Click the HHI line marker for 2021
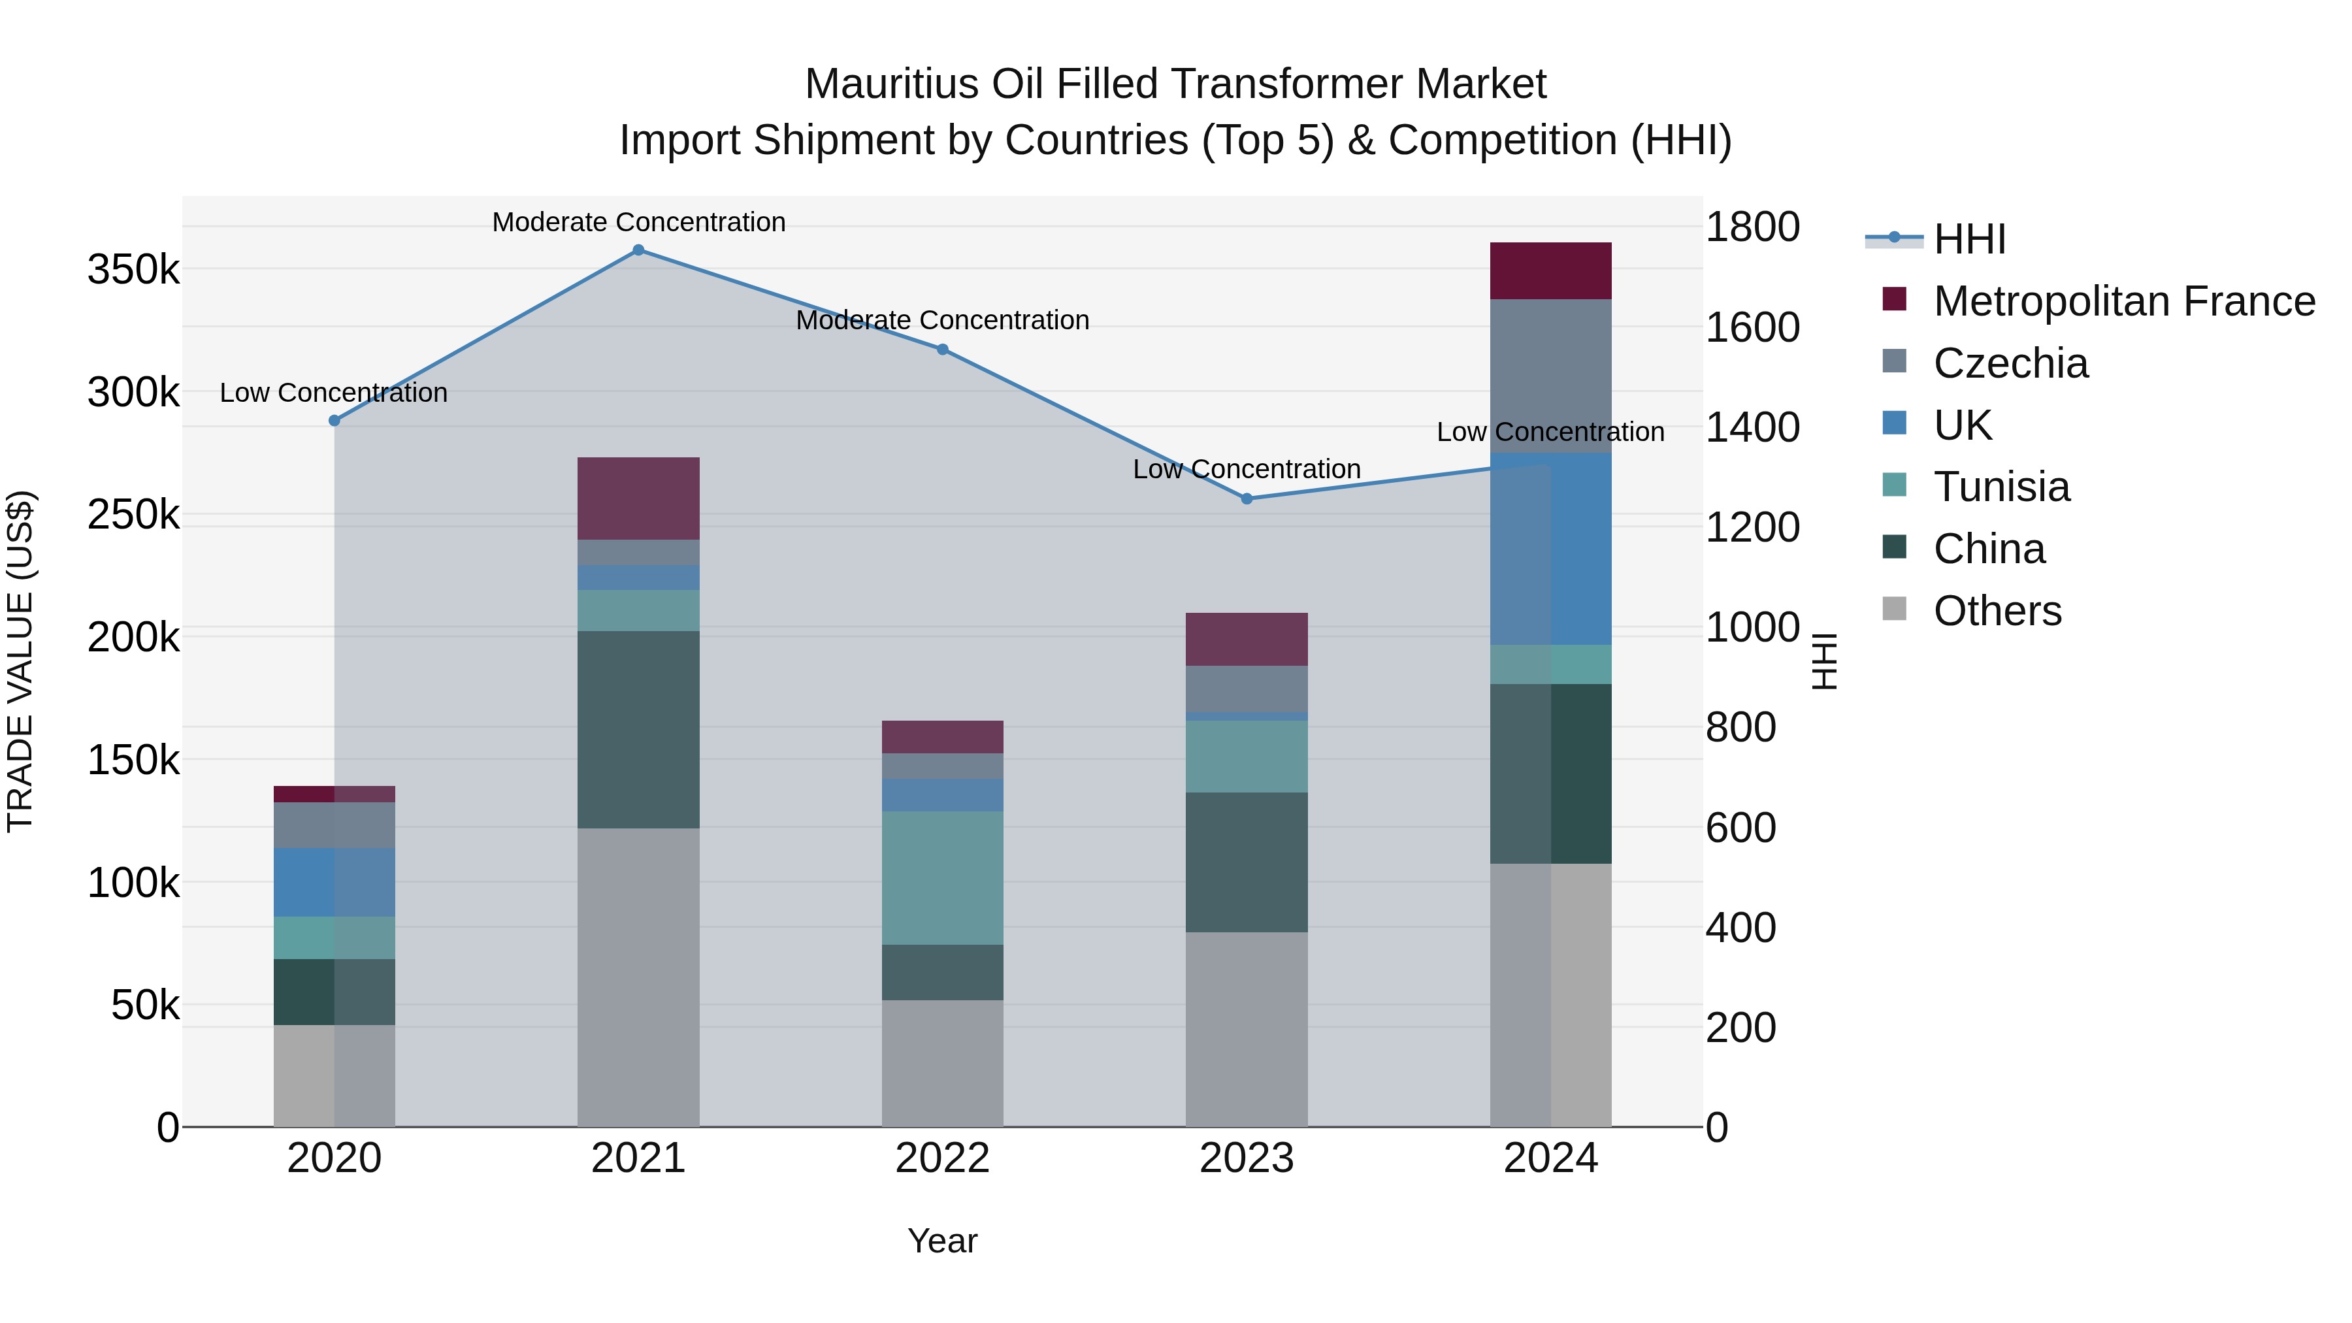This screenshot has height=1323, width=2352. (x=638, y=250)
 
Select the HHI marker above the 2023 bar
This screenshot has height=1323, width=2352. (x=1247, y=498)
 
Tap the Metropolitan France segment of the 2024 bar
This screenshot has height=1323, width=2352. (x=1550, y=271)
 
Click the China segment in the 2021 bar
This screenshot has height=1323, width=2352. (x=638, y=730)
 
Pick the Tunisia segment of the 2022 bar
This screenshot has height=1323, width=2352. (x=942, y=877)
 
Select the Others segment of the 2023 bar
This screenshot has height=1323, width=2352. (x=1247, y=1029)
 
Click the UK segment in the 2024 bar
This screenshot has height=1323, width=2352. (x=1550, y=549)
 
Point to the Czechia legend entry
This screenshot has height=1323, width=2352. (x=2010, y=363)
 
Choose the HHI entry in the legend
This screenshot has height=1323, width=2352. (x=1968, y=239)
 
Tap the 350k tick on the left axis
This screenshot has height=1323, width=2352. (x=133, y=270)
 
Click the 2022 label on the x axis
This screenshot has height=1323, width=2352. (x=942, y=1158)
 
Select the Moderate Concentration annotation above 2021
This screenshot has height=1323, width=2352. (x=638, y=222)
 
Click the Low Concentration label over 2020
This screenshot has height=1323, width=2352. (x=333, y=393)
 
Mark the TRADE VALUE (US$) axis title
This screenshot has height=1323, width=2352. (x=21, y=661)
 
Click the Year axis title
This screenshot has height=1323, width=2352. (x=942, y=1241)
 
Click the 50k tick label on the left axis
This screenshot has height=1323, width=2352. (x=145, y=1006)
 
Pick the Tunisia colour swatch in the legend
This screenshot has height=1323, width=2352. (x=1895, y=485)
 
